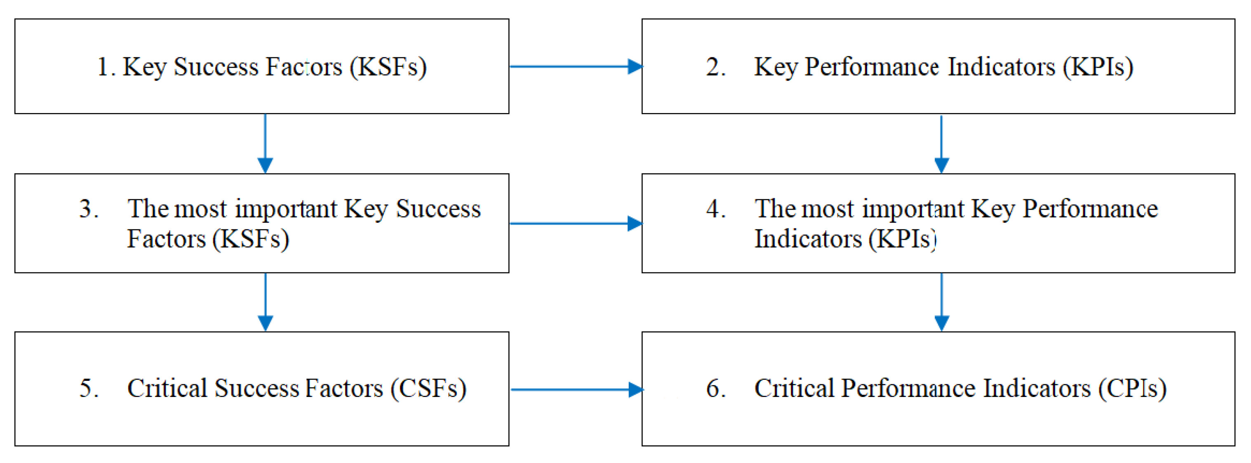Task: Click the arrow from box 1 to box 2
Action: [576, 66]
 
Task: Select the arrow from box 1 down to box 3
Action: [265, 143]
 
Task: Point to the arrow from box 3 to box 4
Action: [576, 224]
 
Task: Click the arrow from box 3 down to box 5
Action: [265, 302]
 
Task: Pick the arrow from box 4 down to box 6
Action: [942, 302]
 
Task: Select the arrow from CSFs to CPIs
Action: [576, 389]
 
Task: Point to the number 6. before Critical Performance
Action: [716, 388]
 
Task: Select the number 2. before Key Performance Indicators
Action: [716, 66]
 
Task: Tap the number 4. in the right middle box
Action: [716, 208]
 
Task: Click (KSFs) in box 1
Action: [388, 66]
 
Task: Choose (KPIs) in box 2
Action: [1098, 66]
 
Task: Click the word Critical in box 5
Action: [167, 388]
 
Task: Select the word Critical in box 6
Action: [794, 388]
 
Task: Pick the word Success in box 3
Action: [438, 209]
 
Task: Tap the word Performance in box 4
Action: [1090, 209]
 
